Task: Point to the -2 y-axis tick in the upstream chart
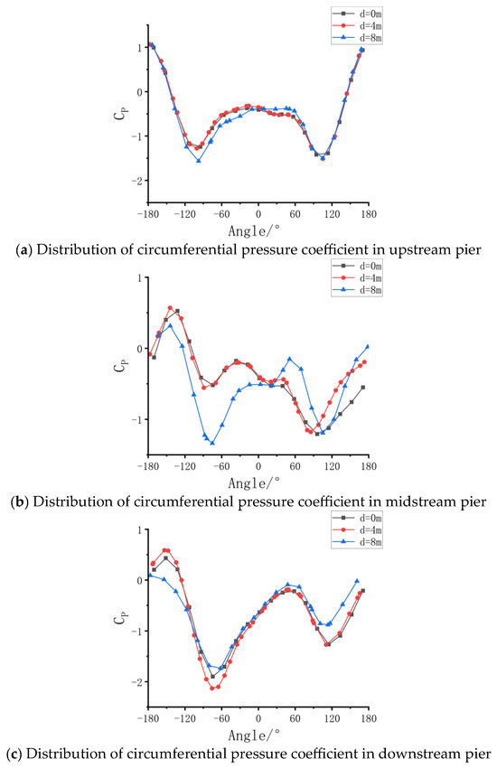point(136,181)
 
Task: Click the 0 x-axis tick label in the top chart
point(258,215)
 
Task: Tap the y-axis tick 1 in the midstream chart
point(136,277)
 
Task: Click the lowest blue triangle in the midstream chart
point(212,443)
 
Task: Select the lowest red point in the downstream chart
point(212,688)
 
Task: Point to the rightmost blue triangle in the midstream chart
point(368,346)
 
